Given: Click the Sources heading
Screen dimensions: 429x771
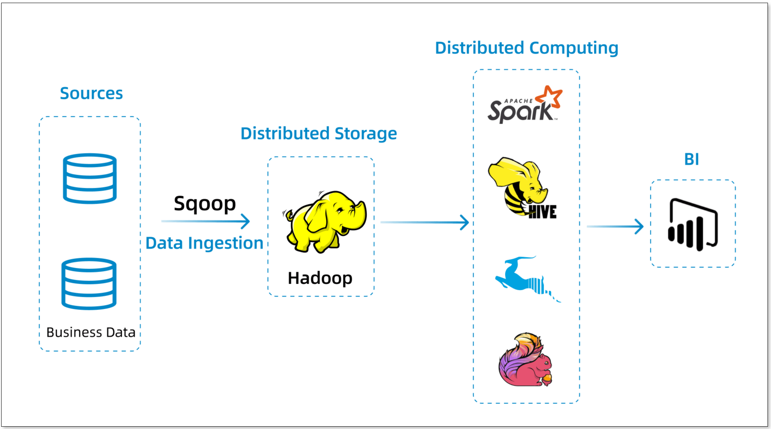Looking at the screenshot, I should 91,94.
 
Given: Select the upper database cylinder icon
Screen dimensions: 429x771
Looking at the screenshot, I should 90,178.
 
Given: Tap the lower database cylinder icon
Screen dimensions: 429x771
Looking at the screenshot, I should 89,283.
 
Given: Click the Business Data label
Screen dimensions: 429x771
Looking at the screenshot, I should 91,332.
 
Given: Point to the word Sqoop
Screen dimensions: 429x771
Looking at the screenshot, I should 205,203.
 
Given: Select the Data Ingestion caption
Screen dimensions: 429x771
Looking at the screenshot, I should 204,243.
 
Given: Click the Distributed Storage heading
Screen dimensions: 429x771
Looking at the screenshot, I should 319,134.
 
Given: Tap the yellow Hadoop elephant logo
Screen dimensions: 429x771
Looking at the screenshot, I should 326,221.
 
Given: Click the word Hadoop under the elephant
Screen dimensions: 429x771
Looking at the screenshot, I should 320,278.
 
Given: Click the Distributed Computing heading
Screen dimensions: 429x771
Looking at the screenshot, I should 527,48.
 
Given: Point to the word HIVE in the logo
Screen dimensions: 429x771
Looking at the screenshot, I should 542,212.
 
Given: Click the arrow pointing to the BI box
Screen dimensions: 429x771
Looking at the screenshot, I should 615,226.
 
